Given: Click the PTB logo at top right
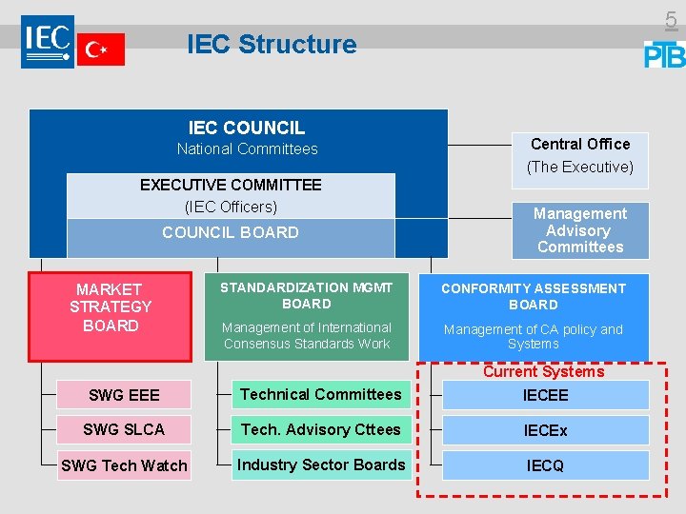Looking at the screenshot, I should tap(664, 54).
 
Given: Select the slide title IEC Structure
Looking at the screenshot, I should tap(272, 45).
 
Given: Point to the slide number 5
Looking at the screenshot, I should tap(671, 19).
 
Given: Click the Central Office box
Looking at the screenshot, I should tap(580, 155).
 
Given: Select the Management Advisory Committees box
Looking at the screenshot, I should tap(579, 230).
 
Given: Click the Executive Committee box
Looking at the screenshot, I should tap(231, 195).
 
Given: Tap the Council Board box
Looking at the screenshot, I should tap(231, 233).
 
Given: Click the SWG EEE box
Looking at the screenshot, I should tap(124, 395).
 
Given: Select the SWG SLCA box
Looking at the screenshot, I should tap(124, 430).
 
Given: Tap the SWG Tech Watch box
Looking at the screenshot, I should tap(124, 465).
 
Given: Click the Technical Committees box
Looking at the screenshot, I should tap(321, 394).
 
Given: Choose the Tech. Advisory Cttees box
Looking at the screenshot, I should tap(321, 429).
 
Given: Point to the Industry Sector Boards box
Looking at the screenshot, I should tap(321, 465).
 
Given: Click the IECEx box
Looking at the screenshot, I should tap(545, 430).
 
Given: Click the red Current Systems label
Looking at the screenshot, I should tap(543, 371).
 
